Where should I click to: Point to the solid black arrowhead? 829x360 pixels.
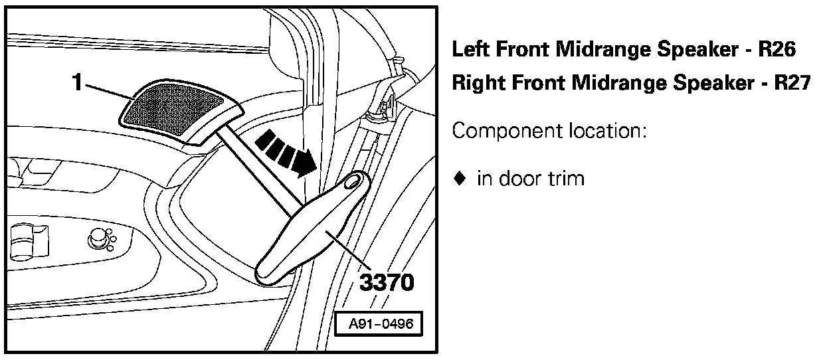[x=305, y=162]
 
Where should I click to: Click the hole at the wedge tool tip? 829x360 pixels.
[x=355, y=179]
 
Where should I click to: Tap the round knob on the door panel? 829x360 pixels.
[x=98, y=236]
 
